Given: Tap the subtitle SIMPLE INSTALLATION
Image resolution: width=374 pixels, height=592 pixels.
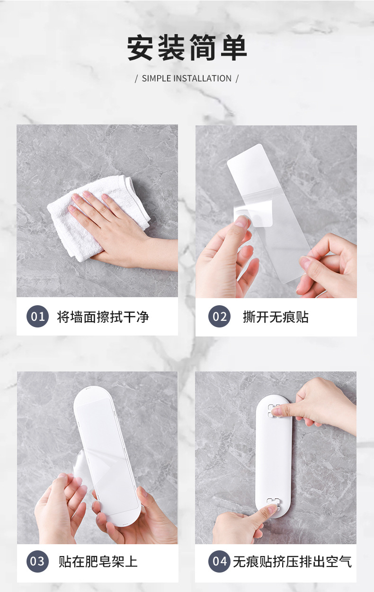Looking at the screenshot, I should pyautogui.click(x=187, y=79).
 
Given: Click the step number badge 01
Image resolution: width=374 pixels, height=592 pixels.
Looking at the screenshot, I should pyautogui.click(x=37, y=316).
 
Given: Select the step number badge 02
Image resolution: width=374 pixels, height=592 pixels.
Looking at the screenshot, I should pyautogui.click(x=219, y=317).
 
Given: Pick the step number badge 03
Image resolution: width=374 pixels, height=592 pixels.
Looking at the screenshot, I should pyautogui.click(x=37, y=561).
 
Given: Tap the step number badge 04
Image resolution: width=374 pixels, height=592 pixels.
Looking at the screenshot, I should pyautogui.click(x=219, y=561).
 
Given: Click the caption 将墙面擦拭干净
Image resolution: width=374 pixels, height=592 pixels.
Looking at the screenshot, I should pyautogui.click(x=103, y=317).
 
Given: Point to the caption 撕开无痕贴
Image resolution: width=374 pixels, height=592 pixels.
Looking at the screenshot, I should pyautogui.click(x=276, y=317).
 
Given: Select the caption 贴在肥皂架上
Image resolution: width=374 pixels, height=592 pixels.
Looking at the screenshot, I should pyautogui.click(x=98, y=561).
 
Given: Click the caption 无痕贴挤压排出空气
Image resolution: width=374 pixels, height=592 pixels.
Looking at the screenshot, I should pyautogui.click(x=292, y=561).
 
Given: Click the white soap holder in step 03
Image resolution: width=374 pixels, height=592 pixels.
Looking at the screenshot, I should pyautogui.click(x=107, y=454).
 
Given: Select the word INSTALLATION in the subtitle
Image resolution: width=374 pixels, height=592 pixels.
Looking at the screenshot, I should pyautogui.click(x=202, y=79).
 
